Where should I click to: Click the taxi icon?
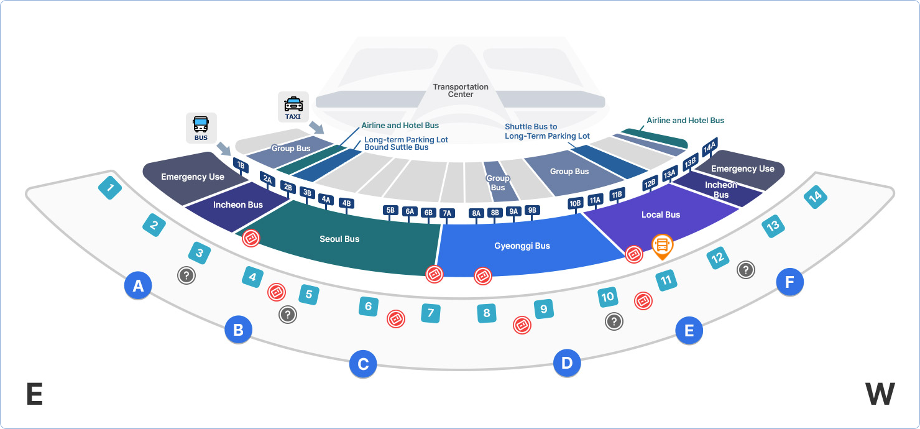click(x=293, y=108)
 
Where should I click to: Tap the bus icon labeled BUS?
click(x=201, y=128)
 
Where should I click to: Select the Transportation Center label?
click(x=461, y=91)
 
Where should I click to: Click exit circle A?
click(x=138, y=286)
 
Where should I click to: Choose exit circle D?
click(x=567, y=363)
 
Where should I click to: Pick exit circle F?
click(x=789, y=283)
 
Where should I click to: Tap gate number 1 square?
click(x=110, y=188)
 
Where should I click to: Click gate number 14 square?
click(x=815, y=198)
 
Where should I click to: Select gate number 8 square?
click(x=487, y=313)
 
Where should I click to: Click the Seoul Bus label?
click(x=339, y=239)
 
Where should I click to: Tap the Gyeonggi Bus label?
click(x=522, y=246)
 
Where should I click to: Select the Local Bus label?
click(x=661, y=214)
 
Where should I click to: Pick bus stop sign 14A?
click(x=710, y=148)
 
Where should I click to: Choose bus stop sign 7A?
click(x=446, y=213)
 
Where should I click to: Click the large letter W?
click(x=880, y=394)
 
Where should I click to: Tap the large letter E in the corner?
click(x=35, y=394)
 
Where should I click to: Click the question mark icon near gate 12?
click(x=746, y=270)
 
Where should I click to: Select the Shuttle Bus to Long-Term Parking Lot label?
click(x=547, y=131)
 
